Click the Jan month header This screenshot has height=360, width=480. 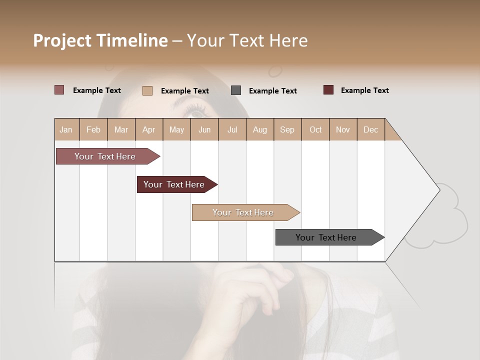pyautogui.click(x=66, y=129)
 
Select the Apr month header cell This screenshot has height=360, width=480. pyautogui.click(x=148, y=129)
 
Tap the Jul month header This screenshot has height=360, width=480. pyautogui.click(x=232, y=129)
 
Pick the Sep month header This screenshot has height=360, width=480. pyautogui.click(x=287, y=129)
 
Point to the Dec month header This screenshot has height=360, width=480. pyautogui.click(x=370, y=129)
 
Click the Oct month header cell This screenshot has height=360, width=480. pyautogui.click(x=315, y=129)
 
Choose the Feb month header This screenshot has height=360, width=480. pyautogui.click(x=93, y=129)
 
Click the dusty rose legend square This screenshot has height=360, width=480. pyautogui.click(x=59, y=90)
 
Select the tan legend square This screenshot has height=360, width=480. pyautogui.click(x=147, y=90)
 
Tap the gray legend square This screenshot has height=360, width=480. pyautogui.click(x=236, y=90)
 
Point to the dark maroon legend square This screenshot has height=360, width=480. pyautogui.click(x=328, y=90)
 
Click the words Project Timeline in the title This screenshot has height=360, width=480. pyautogui.click(x=100, y=40)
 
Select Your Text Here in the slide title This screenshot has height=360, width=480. pyautogui.click(x=247, y=40)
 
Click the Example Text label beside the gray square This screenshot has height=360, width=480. pyautogui.click(x=272, y=91)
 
